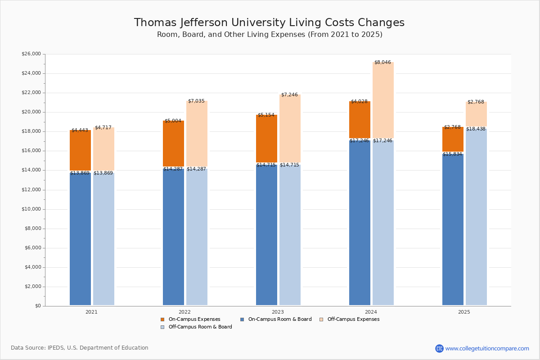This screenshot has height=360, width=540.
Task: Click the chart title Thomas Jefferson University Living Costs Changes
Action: pos(269,23)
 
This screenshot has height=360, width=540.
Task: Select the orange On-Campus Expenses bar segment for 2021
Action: pos(80,151)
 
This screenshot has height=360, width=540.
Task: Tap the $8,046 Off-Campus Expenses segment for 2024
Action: pos(383,100)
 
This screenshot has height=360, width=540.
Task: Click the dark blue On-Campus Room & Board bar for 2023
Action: pos(266,234)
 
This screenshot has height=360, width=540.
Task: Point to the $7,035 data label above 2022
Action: pos(196,101)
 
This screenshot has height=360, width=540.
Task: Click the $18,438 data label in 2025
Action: pos(476,129)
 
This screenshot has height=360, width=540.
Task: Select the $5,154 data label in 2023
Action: pos(266,115)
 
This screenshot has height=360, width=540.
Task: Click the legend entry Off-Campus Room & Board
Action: pos(200,327)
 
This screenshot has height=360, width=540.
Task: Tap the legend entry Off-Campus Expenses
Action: pos(353,319)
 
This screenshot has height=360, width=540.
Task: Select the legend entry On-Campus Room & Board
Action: pos(279,319)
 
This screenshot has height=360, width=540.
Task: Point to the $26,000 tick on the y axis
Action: pos(31,54)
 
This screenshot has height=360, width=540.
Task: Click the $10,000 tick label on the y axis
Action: pos(31,209)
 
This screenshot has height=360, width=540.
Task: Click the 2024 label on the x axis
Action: pos(371,312)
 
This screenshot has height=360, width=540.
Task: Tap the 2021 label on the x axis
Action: pos(91,312)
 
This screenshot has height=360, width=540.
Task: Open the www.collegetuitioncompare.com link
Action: pos(486,348)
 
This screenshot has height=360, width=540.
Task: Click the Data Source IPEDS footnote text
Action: pos(80,348)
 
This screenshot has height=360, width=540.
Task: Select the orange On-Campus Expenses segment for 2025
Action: pos(453,139)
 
